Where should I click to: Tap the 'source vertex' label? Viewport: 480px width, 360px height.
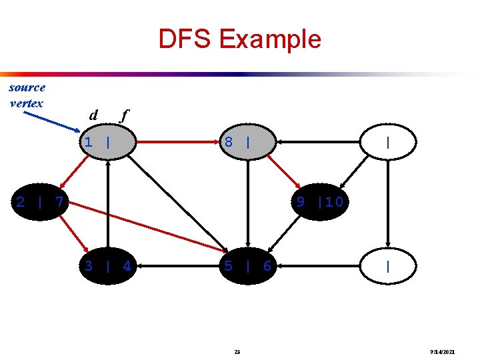(27, 95)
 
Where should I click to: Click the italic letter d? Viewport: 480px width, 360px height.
(94, 115)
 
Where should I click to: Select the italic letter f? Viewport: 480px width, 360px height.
(123, 115)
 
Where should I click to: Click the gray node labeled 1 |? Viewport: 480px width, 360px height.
(107, 142)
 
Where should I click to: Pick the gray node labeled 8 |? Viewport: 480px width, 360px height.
(247, 142)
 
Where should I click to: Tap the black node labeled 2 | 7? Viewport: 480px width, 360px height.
(40, 201)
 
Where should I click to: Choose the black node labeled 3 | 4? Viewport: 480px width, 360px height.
(107, 266)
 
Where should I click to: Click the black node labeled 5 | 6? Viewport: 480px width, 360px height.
(247, 266)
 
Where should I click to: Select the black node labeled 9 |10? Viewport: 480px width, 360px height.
(320, 201)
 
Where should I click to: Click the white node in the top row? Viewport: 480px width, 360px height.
(387, 142)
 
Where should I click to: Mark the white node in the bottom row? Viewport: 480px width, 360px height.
(387, 266)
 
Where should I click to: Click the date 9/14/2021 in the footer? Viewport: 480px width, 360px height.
(443, 351)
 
